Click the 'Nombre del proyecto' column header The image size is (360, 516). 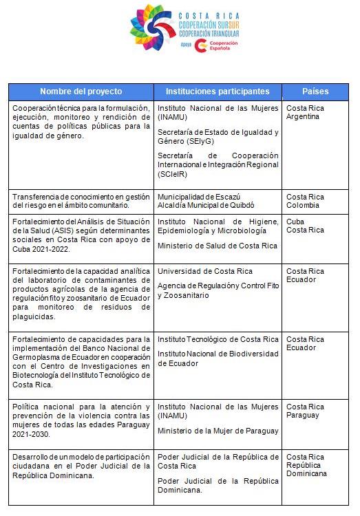pos(81,92)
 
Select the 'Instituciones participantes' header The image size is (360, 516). pos(218,92)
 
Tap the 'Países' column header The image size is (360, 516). pos(315,92)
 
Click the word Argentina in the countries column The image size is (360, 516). pos(304,117)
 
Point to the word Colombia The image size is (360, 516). pos(303,205)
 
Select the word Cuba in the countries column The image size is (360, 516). pos(295,222)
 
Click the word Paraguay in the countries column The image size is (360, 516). pos(303,416)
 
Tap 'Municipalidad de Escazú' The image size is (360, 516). pos(200,197)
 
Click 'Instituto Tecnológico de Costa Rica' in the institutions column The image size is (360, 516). pos(218,339)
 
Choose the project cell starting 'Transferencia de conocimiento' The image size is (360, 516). pos(81,201)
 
